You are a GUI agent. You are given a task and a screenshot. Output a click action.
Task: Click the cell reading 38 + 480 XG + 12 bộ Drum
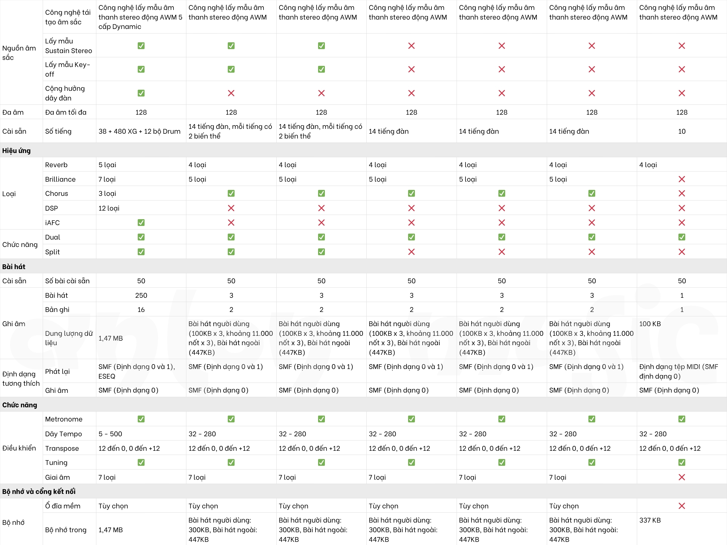click(139, 131)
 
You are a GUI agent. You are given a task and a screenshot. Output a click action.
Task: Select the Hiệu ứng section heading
click(16, 150)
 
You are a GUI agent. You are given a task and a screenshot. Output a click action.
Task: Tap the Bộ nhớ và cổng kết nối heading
click(39, 491)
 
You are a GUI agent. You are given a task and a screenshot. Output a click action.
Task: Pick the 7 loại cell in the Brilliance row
click(107, 179)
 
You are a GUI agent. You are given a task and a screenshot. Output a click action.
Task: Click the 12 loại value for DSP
click(109, 208)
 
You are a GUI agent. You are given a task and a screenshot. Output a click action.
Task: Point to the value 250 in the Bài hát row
click(141, 295)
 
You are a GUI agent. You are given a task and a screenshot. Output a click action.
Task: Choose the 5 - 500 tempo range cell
click(110, 434)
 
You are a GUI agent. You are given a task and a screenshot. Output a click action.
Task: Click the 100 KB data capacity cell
click(650, 324)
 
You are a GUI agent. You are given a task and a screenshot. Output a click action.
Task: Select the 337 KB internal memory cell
click(650, 520)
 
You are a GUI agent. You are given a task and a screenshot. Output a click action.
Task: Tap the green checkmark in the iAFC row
click(141, 223)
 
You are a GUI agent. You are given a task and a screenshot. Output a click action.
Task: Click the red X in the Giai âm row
click(682, 477)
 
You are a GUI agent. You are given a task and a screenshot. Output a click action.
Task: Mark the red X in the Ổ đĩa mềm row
click(682, 506)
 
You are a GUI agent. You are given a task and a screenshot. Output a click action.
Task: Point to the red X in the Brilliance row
click(682, 179)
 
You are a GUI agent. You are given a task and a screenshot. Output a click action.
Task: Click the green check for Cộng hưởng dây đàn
click(141, 93)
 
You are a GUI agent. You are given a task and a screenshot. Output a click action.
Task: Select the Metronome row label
click(64, 419)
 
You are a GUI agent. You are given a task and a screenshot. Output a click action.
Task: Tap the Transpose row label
click(62, 448)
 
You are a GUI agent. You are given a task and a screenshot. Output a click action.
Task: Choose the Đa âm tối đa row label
click(66, 112)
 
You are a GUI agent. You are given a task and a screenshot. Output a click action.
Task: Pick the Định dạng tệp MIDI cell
click(678, 371)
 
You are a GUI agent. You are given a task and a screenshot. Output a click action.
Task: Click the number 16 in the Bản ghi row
click(141, 309)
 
